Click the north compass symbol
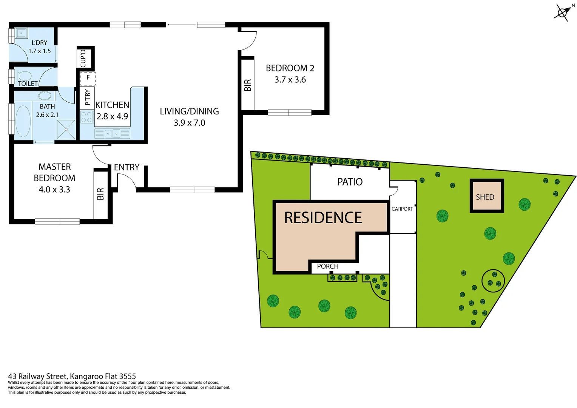562,12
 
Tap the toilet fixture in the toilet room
23,76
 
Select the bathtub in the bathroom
23,121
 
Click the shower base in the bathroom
66,129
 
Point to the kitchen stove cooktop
87,117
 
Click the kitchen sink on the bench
112,133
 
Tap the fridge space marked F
88,78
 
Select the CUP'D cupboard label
83,58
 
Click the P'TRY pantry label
87,97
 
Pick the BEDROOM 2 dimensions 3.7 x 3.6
290,80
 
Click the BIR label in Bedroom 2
248,85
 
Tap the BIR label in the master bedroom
100,194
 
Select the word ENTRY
127,167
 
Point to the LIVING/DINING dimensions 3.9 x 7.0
189,123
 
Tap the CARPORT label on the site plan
402,209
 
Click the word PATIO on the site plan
350,182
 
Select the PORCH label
327,266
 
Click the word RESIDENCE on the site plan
323,218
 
